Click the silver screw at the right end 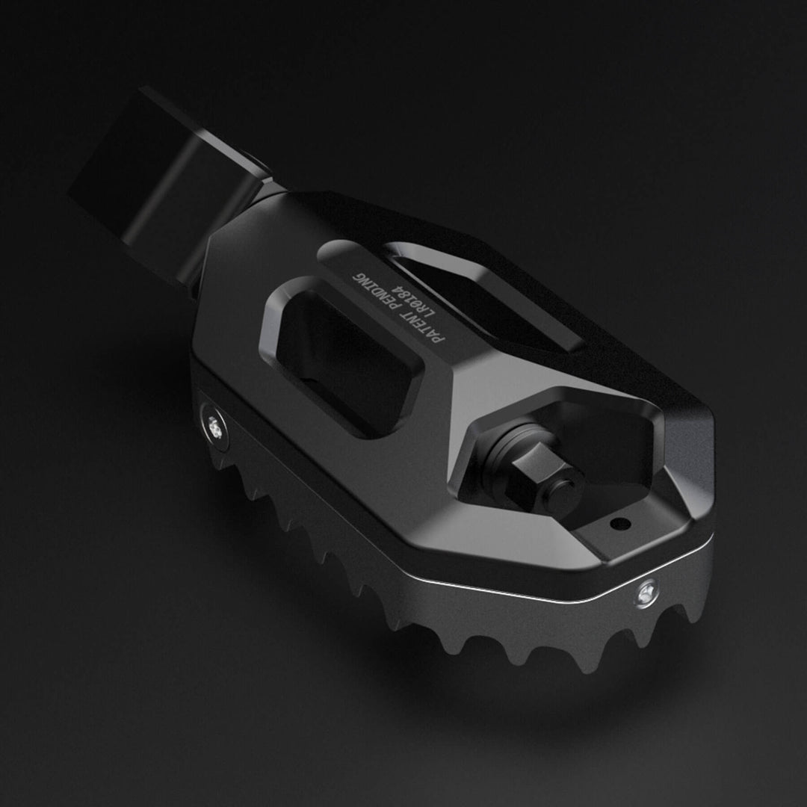[x=645, y=593]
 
